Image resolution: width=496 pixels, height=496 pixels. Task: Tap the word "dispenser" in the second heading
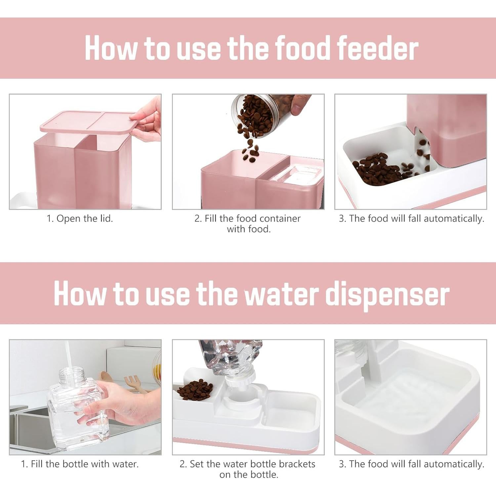387,294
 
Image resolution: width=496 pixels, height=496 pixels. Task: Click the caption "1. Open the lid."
80,219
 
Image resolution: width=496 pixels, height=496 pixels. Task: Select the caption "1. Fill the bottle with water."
80,464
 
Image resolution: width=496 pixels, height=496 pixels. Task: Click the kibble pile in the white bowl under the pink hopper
377,169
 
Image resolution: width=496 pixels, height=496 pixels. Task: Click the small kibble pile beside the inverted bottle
195,389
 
